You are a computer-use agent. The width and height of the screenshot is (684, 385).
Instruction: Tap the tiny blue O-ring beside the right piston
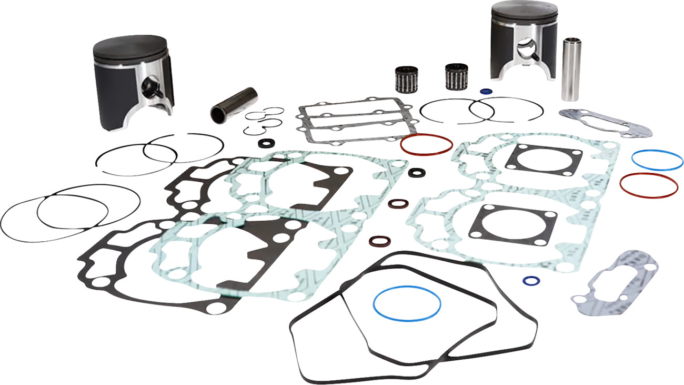pyautogui.click(x=486, y=91)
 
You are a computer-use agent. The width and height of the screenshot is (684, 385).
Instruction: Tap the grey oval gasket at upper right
pyautogui.click(x=605, y=123)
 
